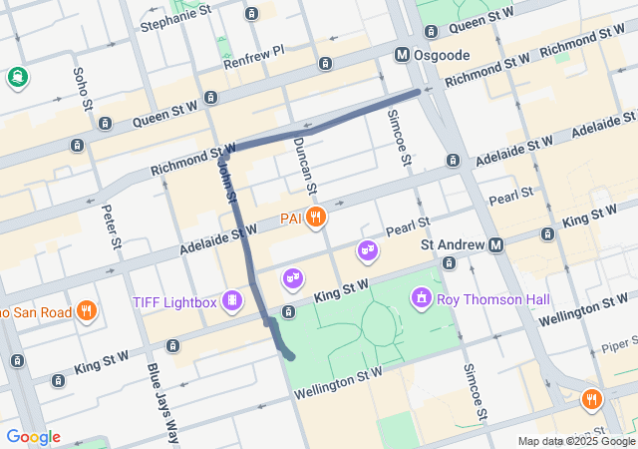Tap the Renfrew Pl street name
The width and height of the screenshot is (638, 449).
click(x=254, y=50)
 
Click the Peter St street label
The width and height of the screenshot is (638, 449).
click(x=113, y=228)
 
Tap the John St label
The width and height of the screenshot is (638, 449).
click(x=226, y=182)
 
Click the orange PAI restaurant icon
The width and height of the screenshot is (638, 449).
click(x=316, y=217)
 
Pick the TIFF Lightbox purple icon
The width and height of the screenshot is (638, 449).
click(x=232, y=300)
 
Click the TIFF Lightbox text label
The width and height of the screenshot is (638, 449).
click(x=174, y=302)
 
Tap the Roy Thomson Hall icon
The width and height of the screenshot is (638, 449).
click(x=422, y=298)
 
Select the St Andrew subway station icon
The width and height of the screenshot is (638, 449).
click(x=496, y=244)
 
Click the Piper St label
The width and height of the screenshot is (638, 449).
click(x=618, y=352)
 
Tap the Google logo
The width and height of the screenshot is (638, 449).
click(x=33, y=437)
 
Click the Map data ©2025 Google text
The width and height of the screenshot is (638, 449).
click(x=576, y=441)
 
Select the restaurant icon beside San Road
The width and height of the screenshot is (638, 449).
click(x=87, y=311)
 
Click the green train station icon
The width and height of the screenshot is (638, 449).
click(x=17, y=76)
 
